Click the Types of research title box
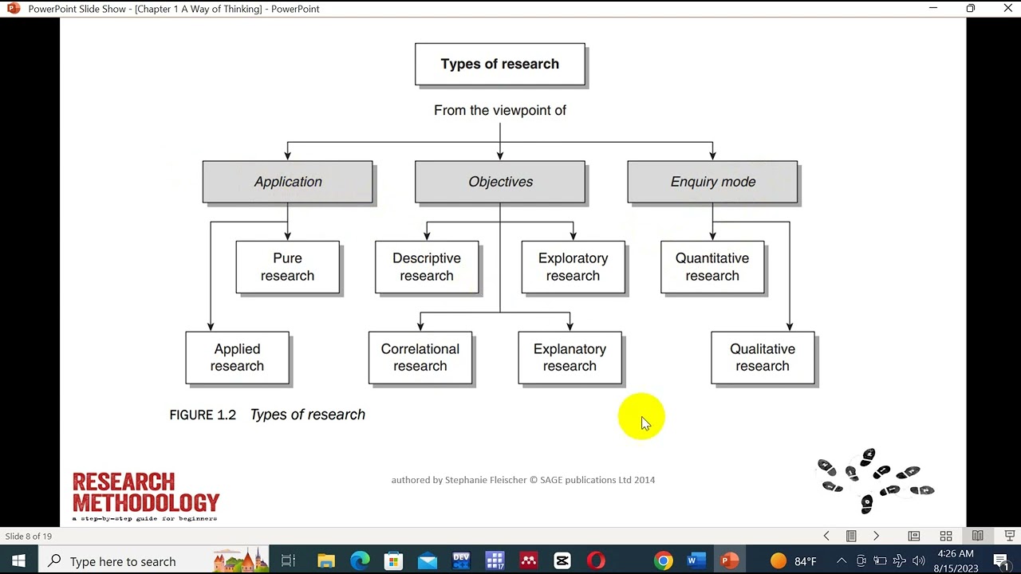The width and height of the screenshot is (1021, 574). pyautogui.click(x=499, y=65)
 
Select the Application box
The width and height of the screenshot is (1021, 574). pyautogui.click(x=287, y=182)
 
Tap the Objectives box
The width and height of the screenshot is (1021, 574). pyautogui.click(x=500, y=182)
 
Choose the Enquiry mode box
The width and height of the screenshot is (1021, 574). pyautogui.click(x=712, y=182)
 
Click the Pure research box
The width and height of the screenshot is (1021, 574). pyautogui.click(x=287, y=267)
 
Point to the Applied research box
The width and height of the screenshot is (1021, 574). pyautogui.click(x=237, y=358)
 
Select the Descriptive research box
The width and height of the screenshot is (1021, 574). pyautogui.click(x=427, y=267)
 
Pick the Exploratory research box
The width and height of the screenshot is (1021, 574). pyautogui.click(x=573, y=267)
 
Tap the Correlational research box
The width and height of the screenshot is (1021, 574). pyautogui.click(x=420, y=358)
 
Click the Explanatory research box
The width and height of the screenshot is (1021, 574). pyautogui.click(x=570, y=358)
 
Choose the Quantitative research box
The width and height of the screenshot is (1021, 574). pyautogui.click(x=712, y=267)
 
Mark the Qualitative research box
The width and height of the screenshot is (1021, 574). pyautogui.click(x=763, y=358)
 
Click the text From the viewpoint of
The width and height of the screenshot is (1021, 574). pyautogui.click(x=500, y=111)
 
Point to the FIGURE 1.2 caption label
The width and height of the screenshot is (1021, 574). pyautogui.click(x=203, y=415)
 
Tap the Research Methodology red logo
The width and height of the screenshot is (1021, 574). pyautogui.click(x=146, y=494)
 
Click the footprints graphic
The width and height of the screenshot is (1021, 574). pyautogui.click(x=876, y=480)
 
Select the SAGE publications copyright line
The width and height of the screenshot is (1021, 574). pyautogui.click(x=522, y=480)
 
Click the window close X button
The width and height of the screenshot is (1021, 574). pyautogui.click(x=1007, y=9)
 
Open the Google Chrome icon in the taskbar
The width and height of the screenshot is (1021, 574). pyautogui.click(x=664, y=561)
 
